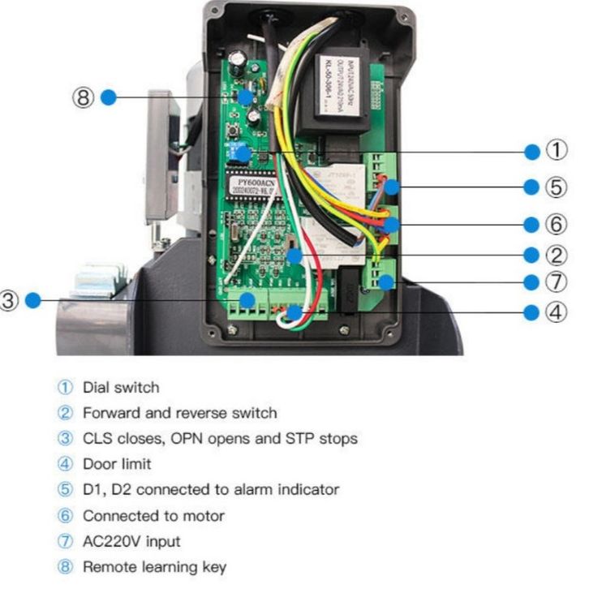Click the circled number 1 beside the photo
556,151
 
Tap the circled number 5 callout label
556,187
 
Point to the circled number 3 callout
9,300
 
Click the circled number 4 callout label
556,312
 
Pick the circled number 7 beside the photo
556,282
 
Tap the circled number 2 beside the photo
556,255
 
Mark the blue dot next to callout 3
32,300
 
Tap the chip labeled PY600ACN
260,187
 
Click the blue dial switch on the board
239,152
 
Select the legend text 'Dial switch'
121,388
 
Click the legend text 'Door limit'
117,464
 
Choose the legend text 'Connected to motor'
153,516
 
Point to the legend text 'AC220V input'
132,541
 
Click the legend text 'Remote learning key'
154,567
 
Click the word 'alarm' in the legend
247,490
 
